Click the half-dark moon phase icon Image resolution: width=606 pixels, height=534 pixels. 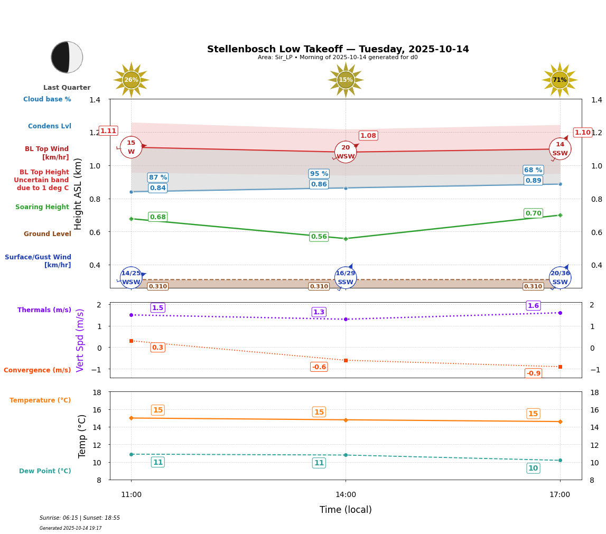click(x=67, y=57)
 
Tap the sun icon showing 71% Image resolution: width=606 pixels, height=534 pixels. click(x=560, y=80)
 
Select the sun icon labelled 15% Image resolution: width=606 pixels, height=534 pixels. click(x=346, y=80)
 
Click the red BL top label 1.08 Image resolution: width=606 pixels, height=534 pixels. click(x=368, y=136)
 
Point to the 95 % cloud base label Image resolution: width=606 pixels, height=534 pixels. click(x=319, y=174)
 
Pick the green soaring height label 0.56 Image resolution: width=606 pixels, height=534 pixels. click(x=319, y=237)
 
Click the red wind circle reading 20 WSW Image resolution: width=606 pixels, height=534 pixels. click(x=346, y=152)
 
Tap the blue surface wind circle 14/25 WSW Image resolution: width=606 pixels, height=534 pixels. click(x=131, y=278)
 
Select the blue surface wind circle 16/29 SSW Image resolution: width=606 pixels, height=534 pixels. click(x=346, y=278)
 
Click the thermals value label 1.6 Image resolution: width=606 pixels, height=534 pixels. click(x=533, y=306)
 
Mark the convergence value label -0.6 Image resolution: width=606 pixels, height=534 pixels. click(x=319, y=367)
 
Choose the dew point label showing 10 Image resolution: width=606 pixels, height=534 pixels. click(x=533, y=469)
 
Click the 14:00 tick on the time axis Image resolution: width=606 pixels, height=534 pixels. click(x=346, y=495)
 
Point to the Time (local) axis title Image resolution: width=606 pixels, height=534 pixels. click(x=346, y=510)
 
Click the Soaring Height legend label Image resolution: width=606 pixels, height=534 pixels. click(x=42, y=207)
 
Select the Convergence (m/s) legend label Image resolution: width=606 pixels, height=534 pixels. click(x=38, y=370)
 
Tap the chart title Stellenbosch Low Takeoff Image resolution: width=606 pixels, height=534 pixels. click(x=338, y=49)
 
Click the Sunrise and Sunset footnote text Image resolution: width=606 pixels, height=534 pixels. click(x=80, y=518)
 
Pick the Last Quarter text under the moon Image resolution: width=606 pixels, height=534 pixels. click(x=67, y=88)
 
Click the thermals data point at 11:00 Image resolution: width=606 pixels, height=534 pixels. click(x=131, y=315)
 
